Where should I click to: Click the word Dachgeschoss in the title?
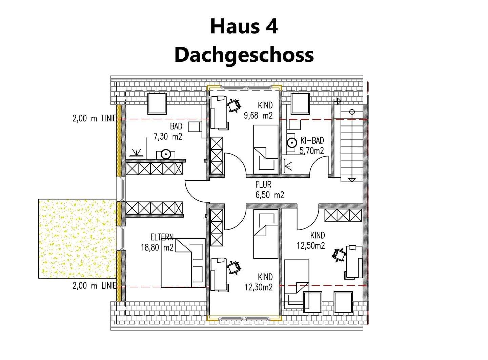[x=244, y=55]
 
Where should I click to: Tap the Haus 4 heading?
[x=244, y=27]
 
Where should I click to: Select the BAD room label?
[x=176, y=127]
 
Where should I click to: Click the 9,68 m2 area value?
[x=258, y=116]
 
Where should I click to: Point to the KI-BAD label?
[x=312, y=141]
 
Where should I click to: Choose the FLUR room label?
[x=263, y=185]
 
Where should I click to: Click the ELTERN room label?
[x=162, y=237]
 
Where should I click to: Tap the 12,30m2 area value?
[x=258, y=287]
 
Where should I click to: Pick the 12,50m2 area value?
[x=311, y=245]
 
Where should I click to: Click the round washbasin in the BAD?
[x=165, y=154]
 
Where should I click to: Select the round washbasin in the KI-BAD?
[x=291, y=143]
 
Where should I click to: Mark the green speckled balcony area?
[x=77, y=238]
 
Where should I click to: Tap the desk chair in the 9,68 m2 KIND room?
[x=233, y=105]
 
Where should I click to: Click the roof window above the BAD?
[x=157, y=104]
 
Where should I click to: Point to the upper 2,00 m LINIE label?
[x=94, y=118]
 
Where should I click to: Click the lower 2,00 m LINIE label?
[x=94, y=286]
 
